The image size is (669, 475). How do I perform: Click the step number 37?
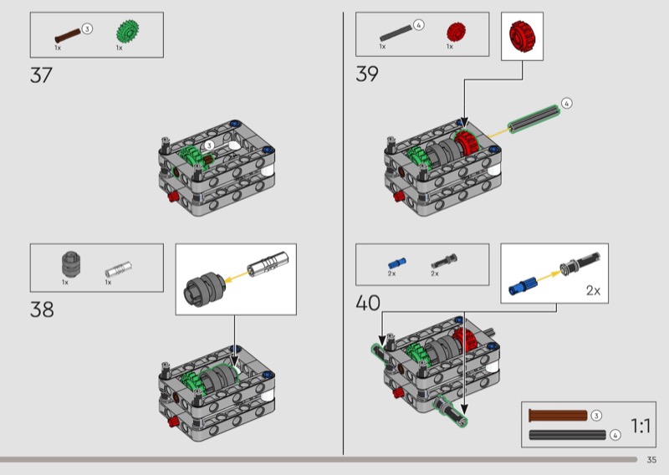41,75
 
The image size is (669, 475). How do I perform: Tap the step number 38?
42,309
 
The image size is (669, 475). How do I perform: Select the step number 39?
367,74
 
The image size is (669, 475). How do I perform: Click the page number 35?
651,459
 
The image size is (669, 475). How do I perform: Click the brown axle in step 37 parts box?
67,35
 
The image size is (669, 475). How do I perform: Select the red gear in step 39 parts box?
454,33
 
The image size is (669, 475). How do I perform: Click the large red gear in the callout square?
522,36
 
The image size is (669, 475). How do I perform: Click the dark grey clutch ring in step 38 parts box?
68,265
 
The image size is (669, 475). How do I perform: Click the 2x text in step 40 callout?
593,291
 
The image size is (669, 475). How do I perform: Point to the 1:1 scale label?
641,426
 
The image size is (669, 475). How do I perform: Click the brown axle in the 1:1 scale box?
557,416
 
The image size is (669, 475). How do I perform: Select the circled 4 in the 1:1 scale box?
615,435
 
